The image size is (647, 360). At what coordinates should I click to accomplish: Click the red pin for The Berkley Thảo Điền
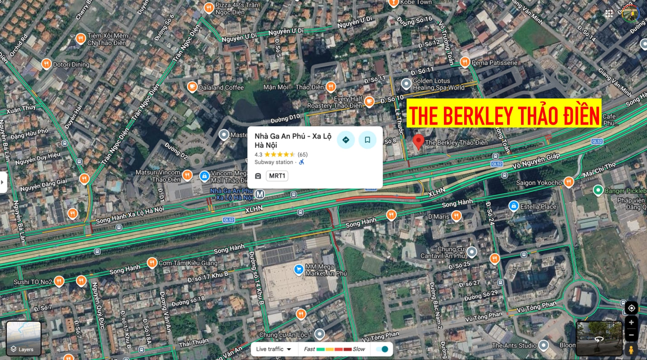418,141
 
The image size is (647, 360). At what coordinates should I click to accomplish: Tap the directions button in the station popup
346,140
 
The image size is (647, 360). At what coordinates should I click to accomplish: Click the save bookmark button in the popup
367,140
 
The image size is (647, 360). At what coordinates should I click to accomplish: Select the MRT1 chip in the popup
277,176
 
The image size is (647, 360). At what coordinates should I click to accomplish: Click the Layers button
24,339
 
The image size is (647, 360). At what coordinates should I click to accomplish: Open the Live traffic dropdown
274,349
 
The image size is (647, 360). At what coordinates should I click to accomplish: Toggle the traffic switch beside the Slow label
382,349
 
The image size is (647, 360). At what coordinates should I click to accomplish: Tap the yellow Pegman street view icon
631,349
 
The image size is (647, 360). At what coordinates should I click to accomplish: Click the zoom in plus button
631,323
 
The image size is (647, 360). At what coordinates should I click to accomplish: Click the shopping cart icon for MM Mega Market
298,269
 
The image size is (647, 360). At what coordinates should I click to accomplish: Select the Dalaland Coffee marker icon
192,87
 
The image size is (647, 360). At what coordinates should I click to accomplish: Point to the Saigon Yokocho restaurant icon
569,182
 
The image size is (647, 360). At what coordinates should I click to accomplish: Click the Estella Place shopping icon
513,206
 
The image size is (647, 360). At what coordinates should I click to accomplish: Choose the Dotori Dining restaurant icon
46,64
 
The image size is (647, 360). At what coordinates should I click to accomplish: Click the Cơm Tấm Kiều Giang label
188,263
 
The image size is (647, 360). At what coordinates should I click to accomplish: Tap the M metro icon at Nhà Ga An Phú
260,194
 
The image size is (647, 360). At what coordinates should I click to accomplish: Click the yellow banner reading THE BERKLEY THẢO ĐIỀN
504,113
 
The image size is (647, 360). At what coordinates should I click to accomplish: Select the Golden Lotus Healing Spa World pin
406,83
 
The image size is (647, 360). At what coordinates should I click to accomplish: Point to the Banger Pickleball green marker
598,190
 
